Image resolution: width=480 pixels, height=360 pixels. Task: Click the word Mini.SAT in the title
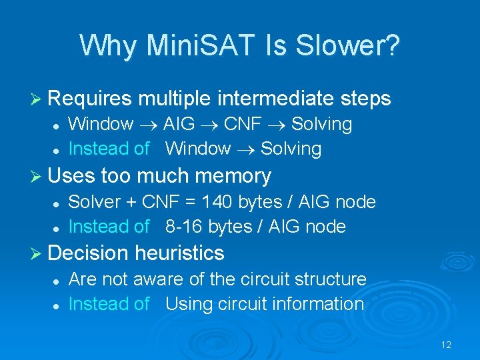click(x=199, y=45)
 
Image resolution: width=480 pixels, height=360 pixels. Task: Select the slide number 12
click(x=446, y=345)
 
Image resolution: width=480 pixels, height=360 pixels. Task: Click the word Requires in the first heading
click(x=91, y=99)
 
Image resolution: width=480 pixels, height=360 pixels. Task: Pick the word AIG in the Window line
click(x=179, y=124)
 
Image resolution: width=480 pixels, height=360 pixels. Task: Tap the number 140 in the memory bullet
click(x=217, y=202)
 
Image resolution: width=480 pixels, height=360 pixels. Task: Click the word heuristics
click(x=179, y=253)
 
